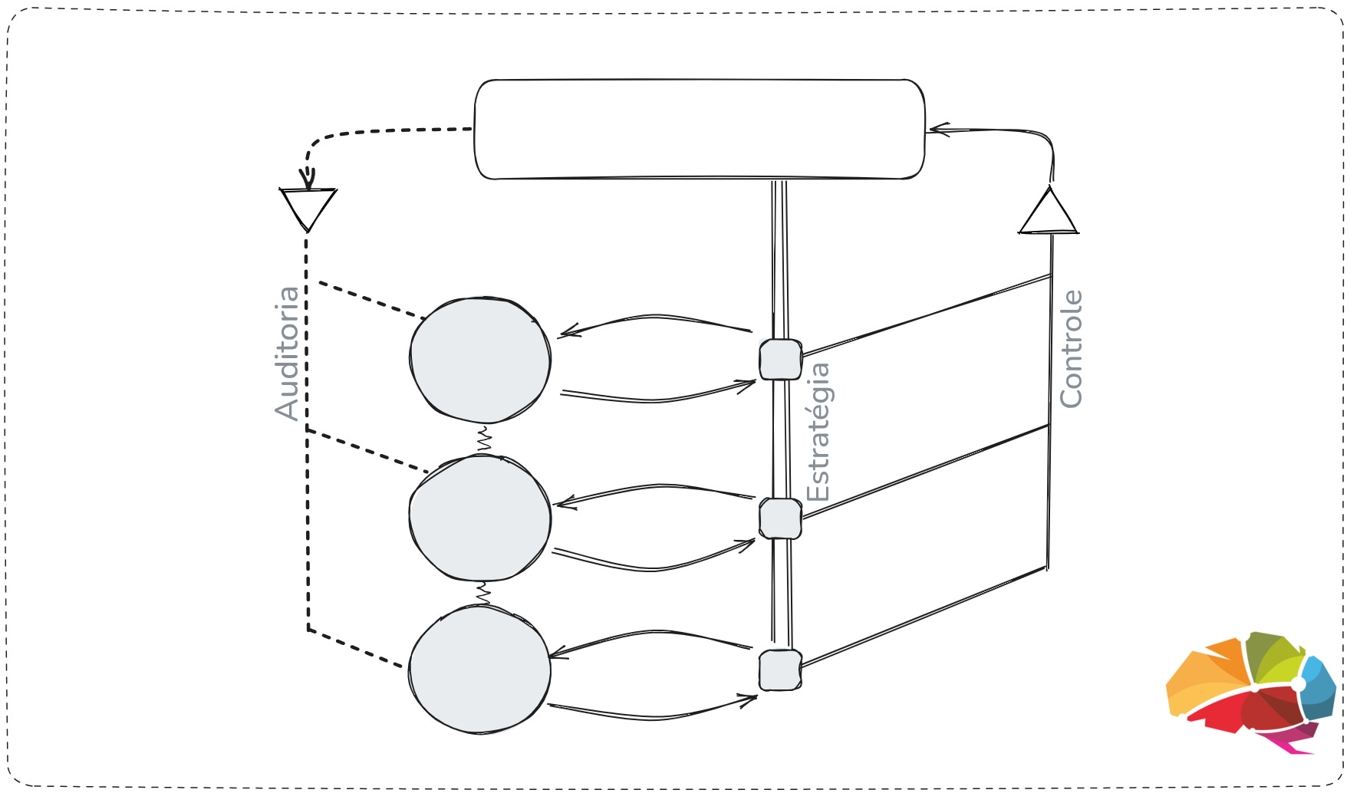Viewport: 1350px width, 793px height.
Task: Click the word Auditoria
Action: pos(287,353)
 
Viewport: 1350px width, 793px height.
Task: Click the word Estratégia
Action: pos(818,432)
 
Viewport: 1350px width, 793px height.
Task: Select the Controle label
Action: pos(1071,349)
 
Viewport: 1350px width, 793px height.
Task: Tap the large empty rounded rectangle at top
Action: pos(699,129)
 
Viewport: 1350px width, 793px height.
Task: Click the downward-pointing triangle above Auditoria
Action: pos(308,206)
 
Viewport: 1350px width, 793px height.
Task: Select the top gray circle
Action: pos(480,360)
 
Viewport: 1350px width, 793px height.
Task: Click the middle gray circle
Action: pos(480,518)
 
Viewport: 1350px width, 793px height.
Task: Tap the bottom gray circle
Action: pos(480,669)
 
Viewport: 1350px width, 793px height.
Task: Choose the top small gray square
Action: pos(780,359)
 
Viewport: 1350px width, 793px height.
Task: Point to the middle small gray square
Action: pos(780,518)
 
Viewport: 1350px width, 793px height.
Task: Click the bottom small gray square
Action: pos(780,670)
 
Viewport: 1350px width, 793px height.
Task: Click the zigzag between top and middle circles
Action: pos(484,439)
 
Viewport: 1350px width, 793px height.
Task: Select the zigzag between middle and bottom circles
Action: pos(483,593)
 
